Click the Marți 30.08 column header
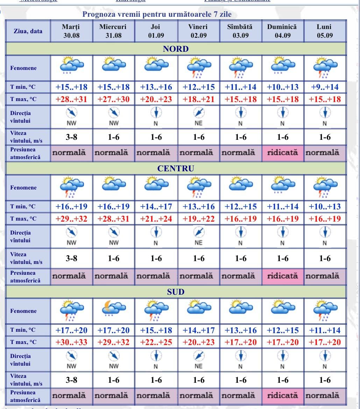pos(71,31)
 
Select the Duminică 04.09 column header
pos(282,31)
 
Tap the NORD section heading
pos(176,49)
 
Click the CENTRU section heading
pos(176,168)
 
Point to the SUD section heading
pos(176,292)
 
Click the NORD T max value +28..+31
pos(71,99)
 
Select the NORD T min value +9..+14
pos(325,87)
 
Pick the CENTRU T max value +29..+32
pos(71,219)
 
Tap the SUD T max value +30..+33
pos(71,342)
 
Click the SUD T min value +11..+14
pos(325,330)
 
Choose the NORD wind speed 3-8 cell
pos(71,137)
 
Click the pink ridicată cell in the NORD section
pos(282,153)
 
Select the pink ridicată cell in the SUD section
pos(282,396)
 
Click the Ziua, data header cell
pos(28,31)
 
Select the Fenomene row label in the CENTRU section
pos(23,188)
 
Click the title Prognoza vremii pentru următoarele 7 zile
pos(157,15)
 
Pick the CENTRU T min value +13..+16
pos(198,207)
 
